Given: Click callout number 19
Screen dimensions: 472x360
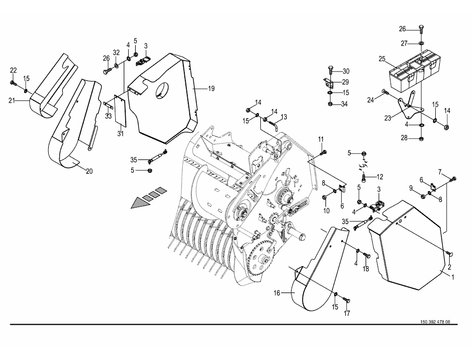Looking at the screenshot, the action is click(x=211, y=88).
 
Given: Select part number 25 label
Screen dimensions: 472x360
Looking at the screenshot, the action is click(x=382, y=59).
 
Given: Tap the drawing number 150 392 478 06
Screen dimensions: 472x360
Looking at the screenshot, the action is click(x=435, y=322).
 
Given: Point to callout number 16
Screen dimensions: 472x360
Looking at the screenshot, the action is click(x=277, y=292).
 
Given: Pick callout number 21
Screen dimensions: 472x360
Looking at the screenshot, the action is click(x=12, y=100).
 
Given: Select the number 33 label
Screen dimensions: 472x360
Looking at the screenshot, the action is click(x=108, y=116).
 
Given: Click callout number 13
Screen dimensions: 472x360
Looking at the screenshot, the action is click(x=284, y=117).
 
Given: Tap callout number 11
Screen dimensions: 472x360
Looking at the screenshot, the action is click(x=321, y=139).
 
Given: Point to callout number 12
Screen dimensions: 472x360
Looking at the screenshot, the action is click(x=380, y=177).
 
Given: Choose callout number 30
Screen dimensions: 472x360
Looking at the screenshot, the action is click(x=346, y=72).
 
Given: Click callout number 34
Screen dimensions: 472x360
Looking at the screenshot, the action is click(x=344, y=104).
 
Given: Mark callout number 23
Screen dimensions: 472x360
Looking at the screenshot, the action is click(x=388, y=118).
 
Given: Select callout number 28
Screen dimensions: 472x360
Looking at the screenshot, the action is click(x=404, y=138).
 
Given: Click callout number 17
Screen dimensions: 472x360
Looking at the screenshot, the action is click(x=347, y=313).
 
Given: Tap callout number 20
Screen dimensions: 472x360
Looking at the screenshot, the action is click(x=89, y=171).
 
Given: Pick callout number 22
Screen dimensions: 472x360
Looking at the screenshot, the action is click(x=13, y=71).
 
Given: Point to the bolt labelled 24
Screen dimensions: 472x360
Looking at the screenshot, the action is click(x=385, y=91).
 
